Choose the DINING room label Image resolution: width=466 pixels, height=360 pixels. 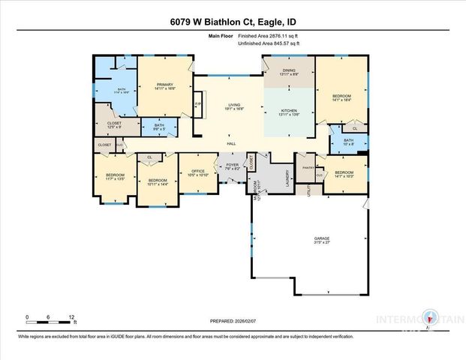point(288,72)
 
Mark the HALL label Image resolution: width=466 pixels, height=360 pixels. point(231,144)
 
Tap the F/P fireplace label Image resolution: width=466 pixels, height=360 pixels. point(198,103)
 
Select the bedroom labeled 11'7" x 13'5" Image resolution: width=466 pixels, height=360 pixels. point(115,177)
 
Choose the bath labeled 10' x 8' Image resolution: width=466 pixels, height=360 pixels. point(347,142)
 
